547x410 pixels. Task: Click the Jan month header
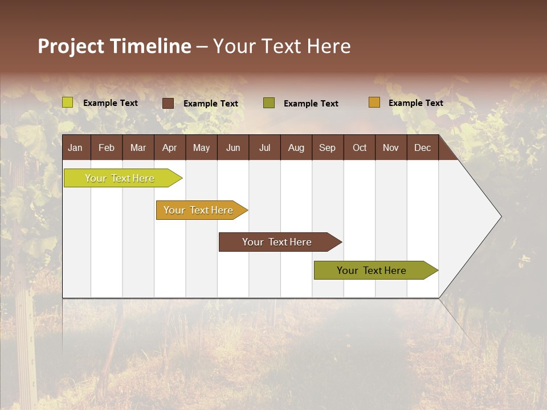tap(76, 147)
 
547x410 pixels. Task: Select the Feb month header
tap(107, 147)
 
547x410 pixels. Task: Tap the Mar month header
tap(138, 147)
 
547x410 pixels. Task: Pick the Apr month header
tap(170, 147)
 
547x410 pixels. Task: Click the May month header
tap(201, 147)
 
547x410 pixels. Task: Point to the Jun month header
tap(233, 147)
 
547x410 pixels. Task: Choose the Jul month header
tap(264, 147)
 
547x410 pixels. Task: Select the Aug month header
tap(296, 147)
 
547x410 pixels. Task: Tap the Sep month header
tap(328, 147)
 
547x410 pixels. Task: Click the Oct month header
tap(360, 147)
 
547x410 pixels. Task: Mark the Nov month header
tap(391, 147)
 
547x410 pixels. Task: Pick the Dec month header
tap(423, 147)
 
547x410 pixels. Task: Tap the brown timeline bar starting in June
tap(277, 242)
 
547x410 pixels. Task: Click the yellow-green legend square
tap(68, 102)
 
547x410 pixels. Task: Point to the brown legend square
tap(168, 103)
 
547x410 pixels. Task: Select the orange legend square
tap(374, 102)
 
